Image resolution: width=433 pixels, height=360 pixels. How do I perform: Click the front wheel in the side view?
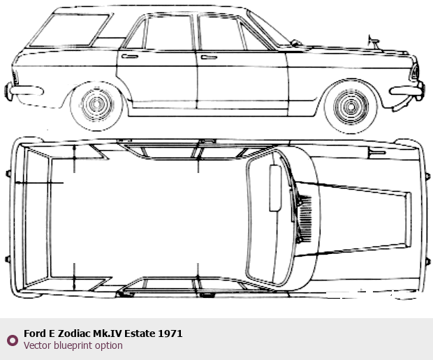[351, 107]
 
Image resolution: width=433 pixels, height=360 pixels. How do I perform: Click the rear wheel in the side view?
[96, 105]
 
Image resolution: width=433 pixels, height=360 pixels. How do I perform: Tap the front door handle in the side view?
[209, 57]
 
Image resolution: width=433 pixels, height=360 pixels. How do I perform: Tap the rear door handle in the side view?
[130, 57]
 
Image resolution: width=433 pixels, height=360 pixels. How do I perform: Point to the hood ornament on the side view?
[374, 42]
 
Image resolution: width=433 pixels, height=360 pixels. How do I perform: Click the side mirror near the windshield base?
[295, 43]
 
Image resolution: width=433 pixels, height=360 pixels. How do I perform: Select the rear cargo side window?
[70, 30]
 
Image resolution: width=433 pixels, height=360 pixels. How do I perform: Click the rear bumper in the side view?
[24, 91]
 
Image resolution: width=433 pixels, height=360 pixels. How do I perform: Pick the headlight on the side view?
[415, 73]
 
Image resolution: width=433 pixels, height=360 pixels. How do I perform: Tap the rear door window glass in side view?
[168, 33]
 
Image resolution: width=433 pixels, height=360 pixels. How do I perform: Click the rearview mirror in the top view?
[275, 188]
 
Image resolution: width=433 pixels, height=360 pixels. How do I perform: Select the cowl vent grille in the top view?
[305, 218]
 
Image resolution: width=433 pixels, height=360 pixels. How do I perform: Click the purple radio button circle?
[13, 340]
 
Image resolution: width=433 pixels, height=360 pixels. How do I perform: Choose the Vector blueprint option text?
[73, 345]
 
